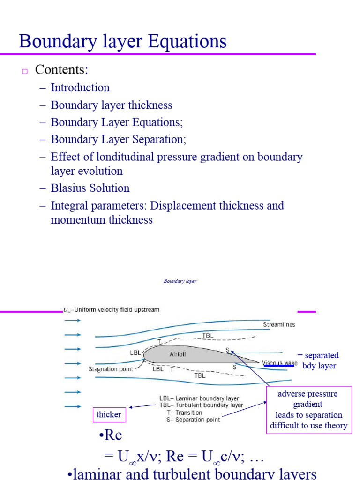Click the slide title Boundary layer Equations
[123, 41]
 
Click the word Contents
[61, 70]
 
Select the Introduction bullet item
[80, 88]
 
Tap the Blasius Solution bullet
[90, 188]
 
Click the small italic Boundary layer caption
[180, 281]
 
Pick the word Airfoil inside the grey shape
[177, 354]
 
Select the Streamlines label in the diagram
[279, 325]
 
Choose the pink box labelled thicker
[109, 414]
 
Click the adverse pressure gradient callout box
[308, 410]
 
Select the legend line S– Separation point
[197, 420]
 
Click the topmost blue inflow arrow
[72, 321]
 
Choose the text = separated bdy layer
[318, 360]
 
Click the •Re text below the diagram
[111, 435]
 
